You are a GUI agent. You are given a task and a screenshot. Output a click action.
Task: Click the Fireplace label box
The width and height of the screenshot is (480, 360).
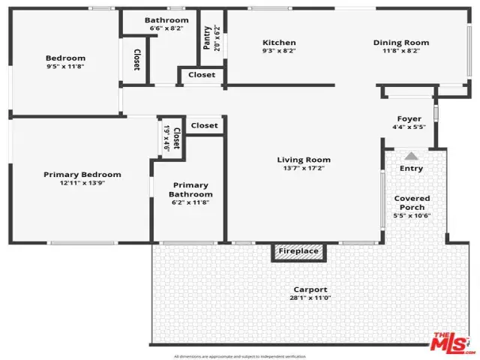pos(299,252)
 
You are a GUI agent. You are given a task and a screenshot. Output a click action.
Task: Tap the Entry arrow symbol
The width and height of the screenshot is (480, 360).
pos(411,157)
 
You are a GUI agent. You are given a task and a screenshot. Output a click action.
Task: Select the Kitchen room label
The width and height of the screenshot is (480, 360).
pos(279,43)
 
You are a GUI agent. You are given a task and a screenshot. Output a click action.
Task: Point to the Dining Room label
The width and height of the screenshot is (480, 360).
pos(401,43)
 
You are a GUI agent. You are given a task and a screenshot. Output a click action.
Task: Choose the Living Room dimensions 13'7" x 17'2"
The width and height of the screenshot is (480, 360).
pos(304,169)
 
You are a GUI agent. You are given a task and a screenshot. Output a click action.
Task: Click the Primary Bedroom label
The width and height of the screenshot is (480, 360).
pos(82,175)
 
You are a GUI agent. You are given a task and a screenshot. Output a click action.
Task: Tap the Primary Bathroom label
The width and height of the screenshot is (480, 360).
pos(190,190)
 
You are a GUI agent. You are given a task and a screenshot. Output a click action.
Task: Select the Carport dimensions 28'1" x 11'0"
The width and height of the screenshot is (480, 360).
pos(310,298)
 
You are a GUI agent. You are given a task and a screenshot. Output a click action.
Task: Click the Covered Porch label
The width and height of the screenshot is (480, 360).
pos(412,202)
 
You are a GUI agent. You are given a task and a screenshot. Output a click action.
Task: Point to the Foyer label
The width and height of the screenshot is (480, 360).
pos(409,118)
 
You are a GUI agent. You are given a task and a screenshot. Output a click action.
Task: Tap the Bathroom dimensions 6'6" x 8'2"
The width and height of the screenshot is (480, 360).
pos(166,28)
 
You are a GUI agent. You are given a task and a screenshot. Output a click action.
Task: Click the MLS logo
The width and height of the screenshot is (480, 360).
pos(452,343)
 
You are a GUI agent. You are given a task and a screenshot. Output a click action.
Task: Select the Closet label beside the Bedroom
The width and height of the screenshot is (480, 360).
pos(137,60)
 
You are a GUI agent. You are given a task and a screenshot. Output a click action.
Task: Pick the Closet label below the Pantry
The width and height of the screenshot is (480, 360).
pos(202,75)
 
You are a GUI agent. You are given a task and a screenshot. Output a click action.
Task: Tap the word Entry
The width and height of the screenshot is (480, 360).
pos(411,169)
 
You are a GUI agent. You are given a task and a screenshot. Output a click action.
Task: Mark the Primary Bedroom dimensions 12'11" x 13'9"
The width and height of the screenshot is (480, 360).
pos(82,184)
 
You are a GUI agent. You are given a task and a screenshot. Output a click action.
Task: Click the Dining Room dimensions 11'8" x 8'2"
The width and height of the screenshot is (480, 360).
pos(401,52)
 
